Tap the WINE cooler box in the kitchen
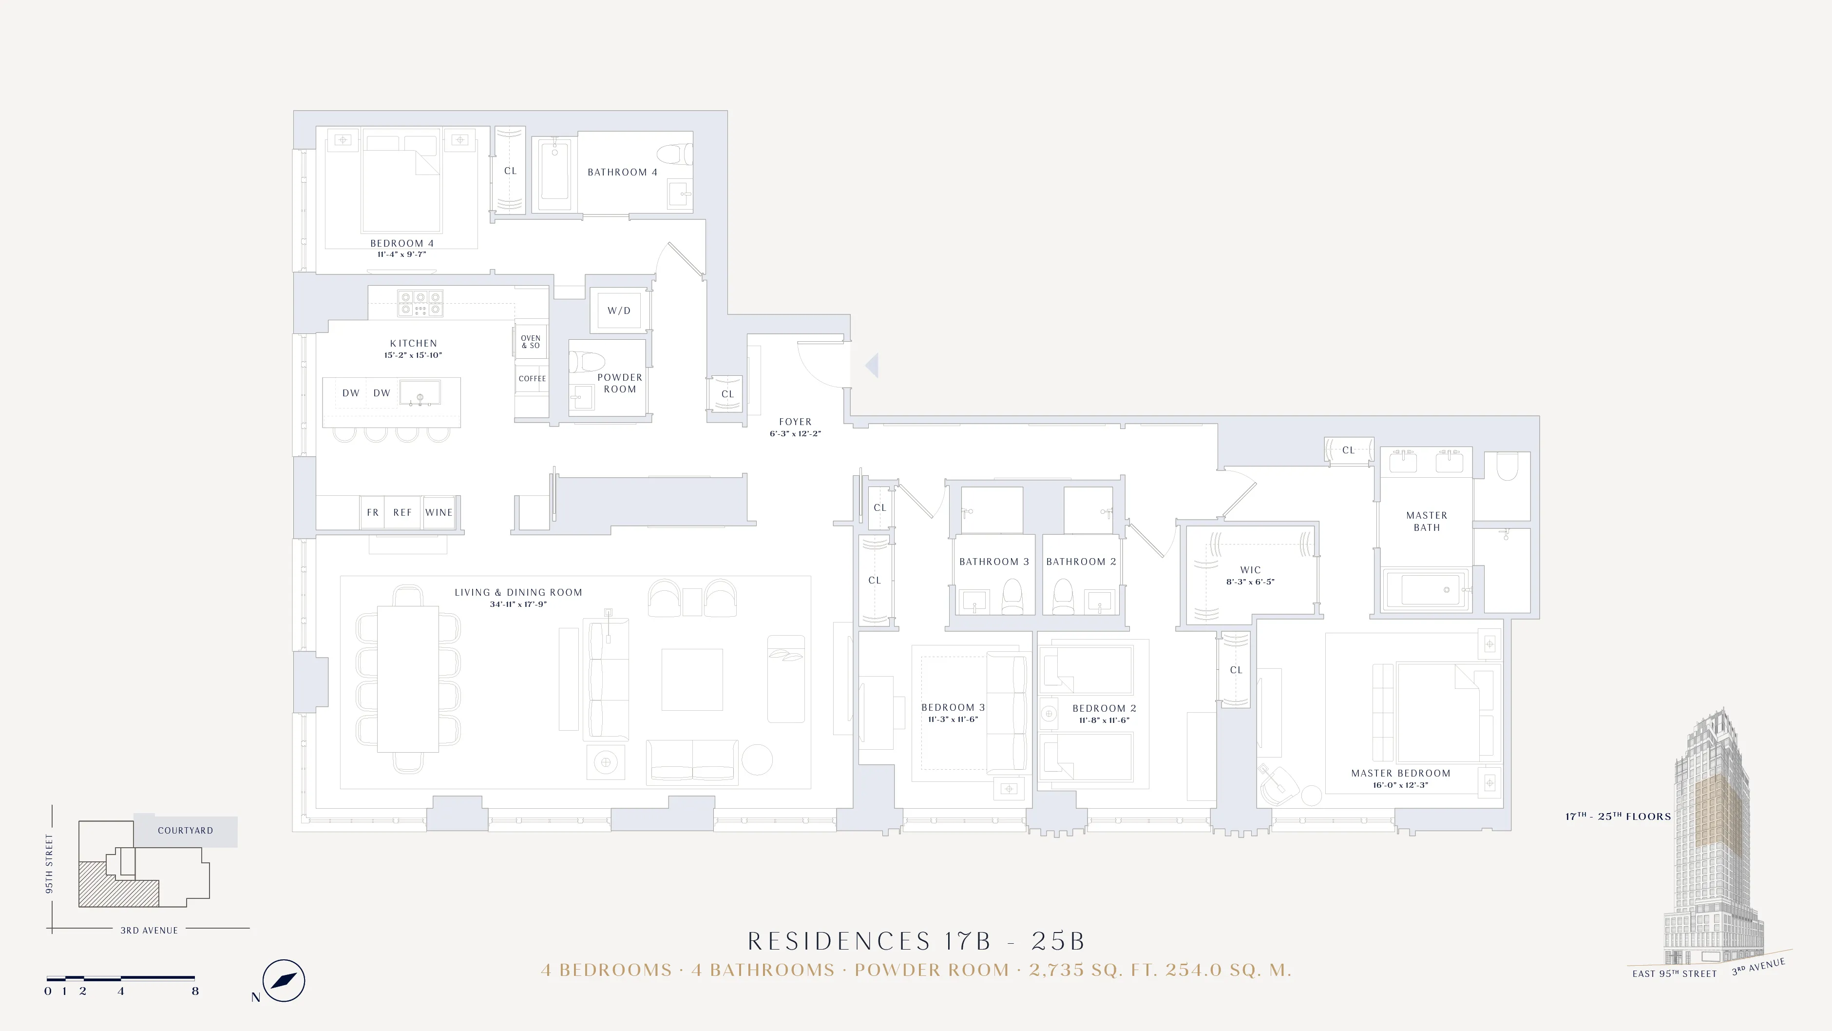[439, 512]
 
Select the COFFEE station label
[532, 379]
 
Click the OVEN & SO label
[531, 342]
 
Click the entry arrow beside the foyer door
[872, 365]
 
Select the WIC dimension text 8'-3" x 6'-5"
[1250, 582]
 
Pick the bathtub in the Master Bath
[1426, 590]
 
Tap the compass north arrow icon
[283, 980]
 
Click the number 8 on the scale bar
[195, 991]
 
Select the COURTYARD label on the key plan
[186, 830]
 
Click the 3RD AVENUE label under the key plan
[149, 930]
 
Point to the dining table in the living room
[407, 678]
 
